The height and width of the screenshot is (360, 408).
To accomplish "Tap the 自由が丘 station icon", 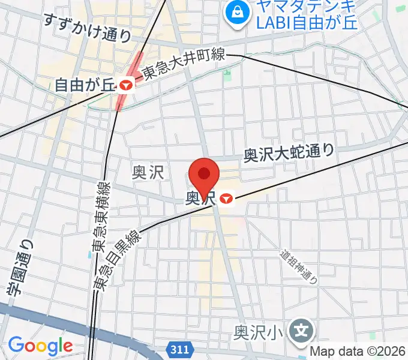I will [125, 85].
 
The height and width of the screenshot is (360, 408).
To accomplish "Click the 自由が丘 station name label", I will [84, 86].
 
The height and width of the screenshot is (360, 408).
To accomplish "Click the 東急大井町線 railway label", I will [184, 64].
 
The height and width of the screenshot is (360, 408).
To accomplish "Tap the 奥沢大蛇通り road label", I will [288, 153].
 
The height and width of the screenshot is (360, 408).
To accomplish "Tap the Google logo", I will [40, 346].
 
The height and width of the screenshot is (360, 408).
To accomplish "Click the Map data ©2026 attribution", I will [358, 352].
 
